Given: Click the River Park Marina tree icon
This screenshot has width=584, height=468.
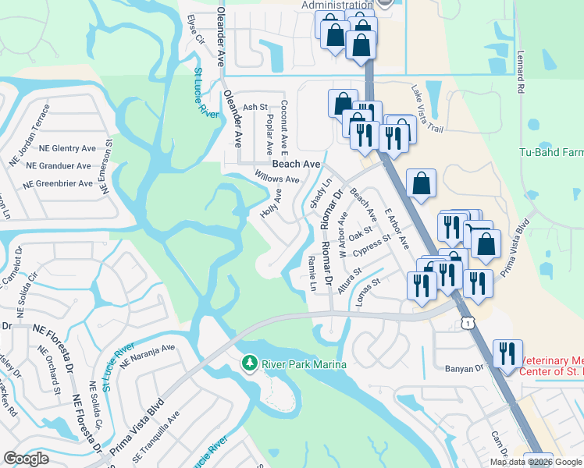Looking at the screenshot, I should [249, 363].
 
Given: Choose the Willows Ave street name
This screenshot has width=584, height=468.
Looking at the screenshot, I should [277, 179].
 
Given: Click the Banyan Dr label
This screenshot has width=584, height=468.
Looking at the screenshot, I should [465, 368].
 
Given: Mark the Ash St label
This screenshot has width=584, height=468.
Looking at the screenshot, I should [255, 107].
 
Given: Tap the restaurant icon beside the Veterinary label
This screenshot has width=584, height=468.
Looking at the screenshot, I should [508, 353].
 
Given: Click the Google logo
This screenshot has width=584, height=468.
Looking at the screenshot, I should [27, 459].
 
